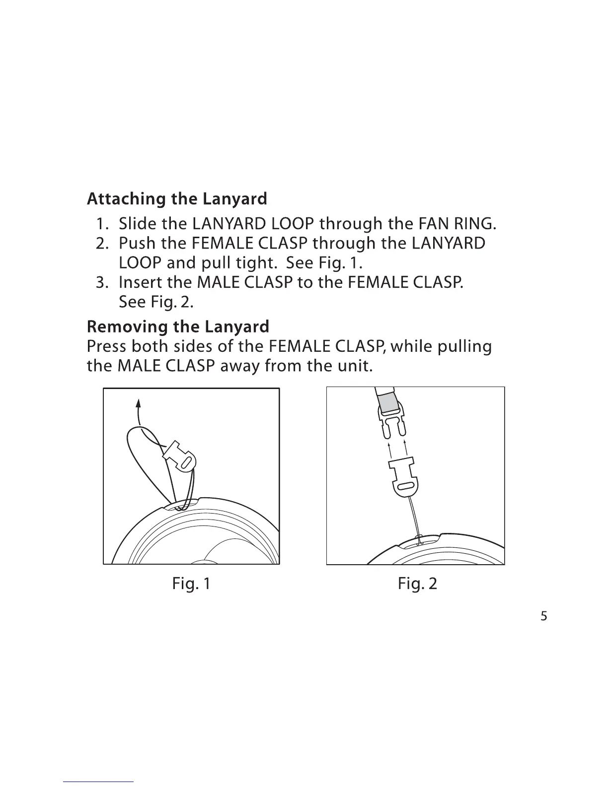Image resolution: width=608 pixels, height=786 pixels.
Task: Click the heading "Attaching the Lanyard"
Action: tap(177, 199)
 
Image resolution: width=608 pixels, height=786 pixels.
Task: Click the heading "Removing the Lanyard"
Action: tap(178, 327)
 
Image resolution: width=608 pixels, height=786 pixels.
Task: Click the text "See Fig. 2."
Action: tap(156, 302)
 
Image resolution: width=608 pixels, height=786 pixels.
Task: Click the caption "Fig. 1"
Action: tap(191, 584)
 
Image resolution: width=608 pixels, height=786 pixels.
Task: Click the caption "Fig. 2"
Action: tap(417, 584)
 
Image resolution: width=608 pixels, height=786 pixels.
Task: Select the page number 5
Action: tap(543, 617)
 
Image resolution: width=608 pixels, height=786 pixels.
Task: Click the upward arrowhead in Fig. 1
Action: tap(140, 402)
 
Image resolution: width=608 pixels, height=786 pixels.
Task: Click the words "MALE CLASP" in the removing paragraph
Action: tap(165, 366)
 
